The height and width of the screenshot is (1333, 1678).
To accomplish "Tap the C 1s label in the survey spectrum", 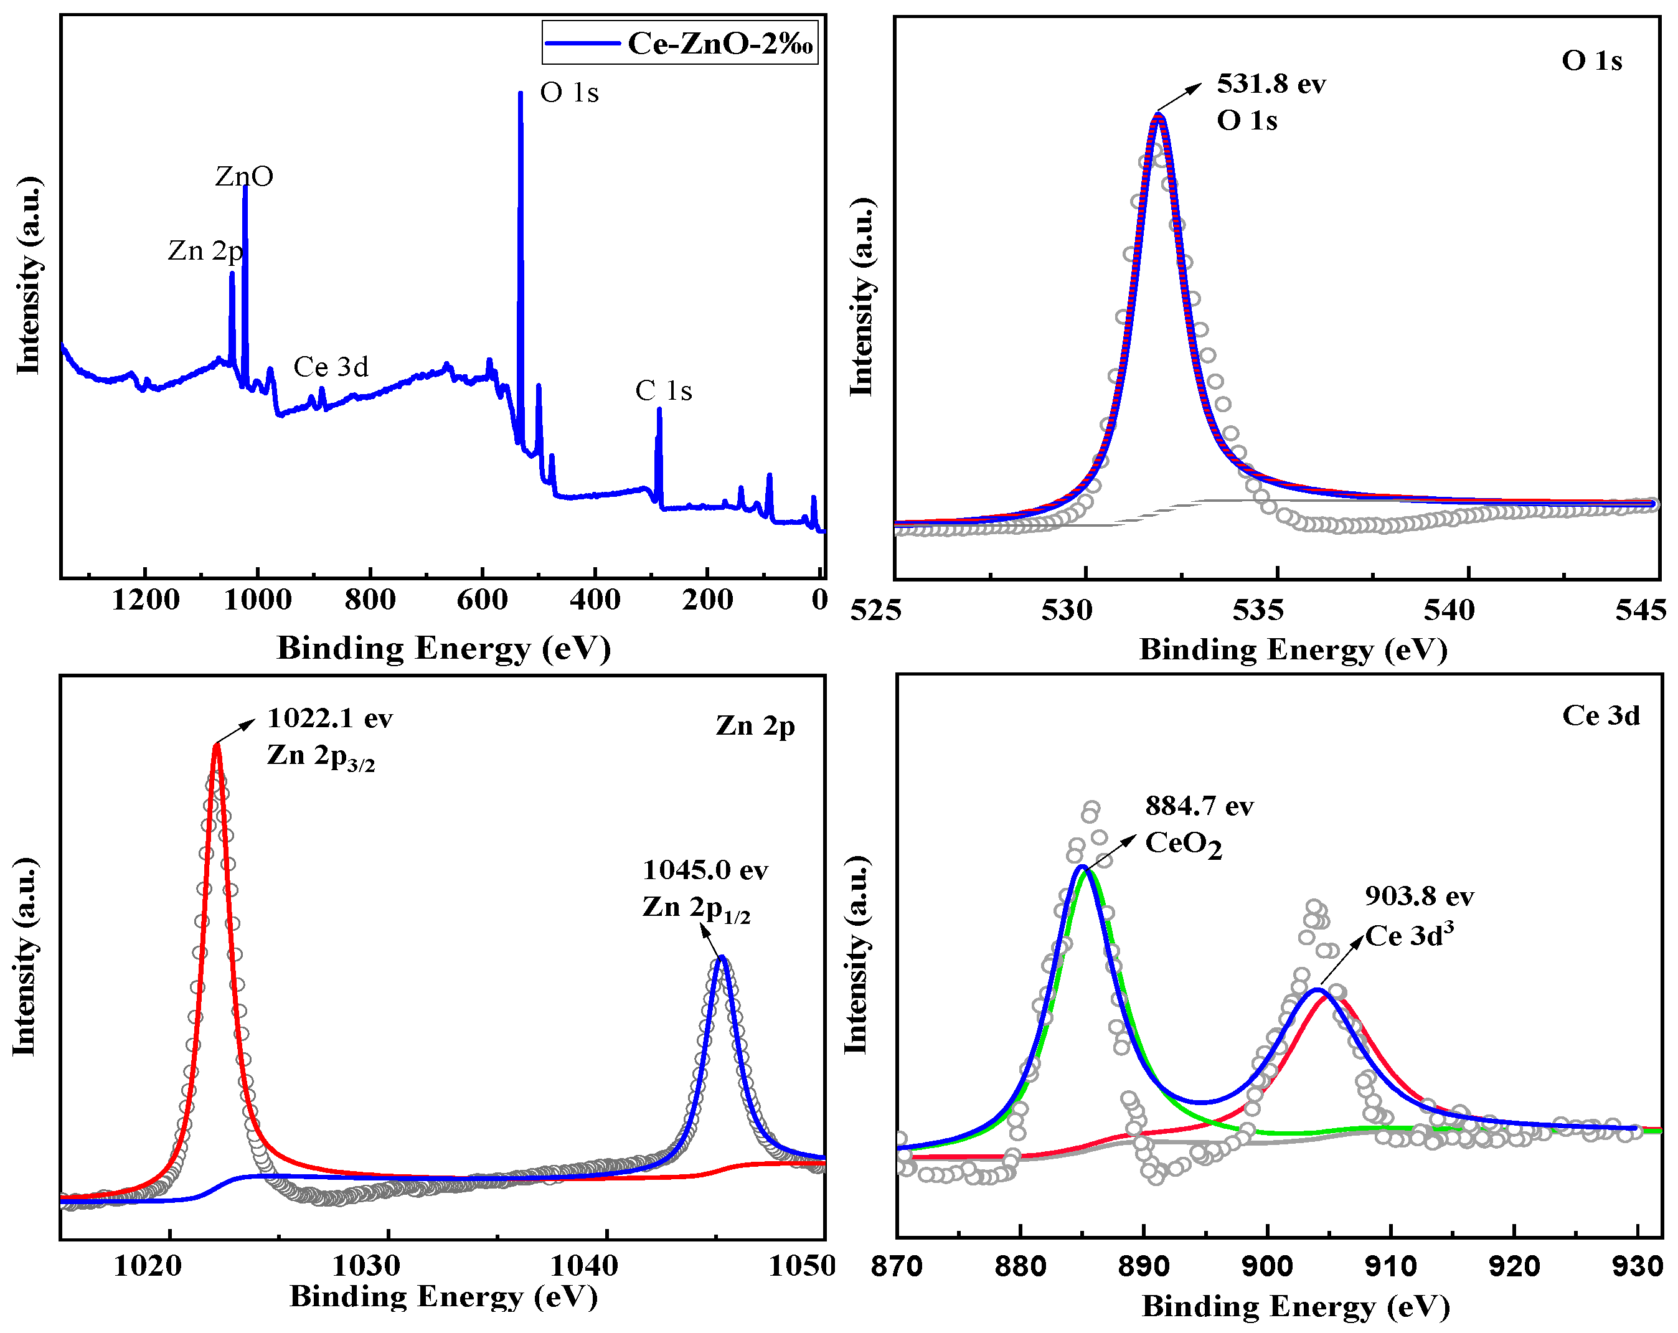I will coord(663,390).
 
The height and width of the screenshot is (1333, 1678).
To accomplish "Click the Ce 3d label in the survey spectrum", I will coord(331,367).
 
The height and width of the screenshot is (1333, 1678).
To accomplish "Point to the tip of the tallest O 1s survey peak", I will coord(520,94).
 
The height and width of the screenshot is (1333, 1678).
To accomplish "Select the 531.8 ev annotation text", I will coord(1271,83).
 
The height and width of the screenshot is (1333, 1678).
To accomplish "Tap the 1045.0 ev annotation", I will coord(704,869).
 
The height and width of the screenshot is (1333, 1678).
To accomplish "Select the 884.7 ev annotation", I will coord(1199,806).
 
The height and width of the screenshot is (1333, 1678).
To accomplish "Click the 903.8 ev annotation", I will coord(1419,896).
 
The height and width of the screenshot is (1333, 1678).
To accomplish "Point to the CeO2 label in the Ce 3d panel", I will coord(1183,844).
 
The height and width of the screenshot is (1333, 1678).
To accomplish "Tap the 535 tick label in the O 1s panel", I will coord(1258,610).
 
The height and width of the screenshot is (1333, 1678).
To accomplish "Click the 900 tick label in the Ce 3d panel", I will coord(1267,1266).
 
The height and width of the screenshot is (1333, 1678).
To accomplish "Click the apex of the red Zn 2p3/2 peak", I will coord(217,745).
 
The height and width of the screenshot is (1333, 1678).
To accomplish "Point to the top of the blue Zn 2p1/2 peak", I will coord(722,958).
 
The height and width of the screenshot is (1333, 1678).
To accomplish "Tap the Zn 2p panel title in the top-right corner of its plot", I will coord(755,725).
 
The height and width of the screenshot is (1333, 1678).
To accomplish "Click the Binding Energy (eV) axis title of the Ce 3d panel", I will coord(1296,1306).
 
